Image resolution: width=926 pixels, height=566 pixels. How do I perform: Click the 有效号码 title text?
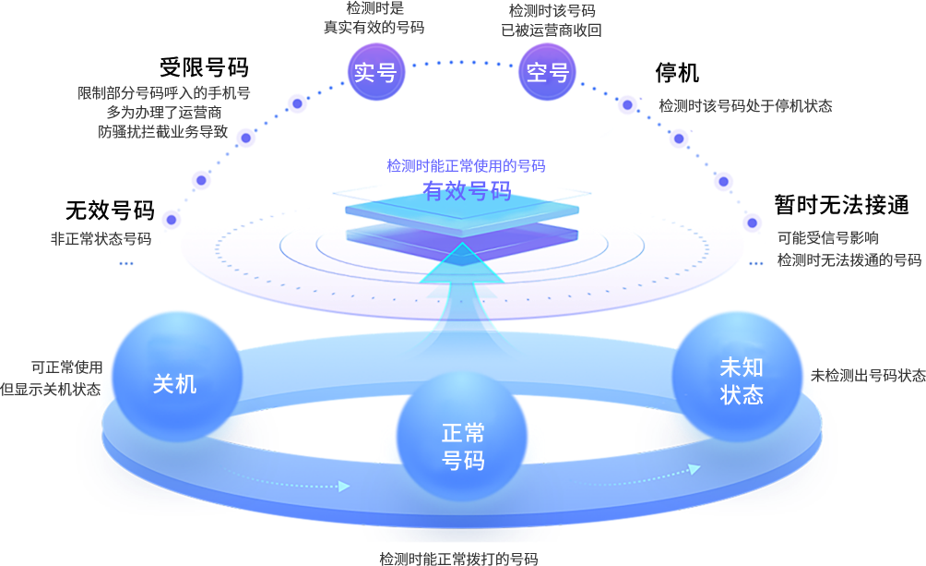467,191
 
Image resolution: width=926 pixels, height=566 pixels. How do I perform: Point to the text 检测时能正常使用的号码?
466,166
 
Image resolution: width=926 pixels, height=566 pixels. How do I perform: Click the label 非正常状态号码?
101,239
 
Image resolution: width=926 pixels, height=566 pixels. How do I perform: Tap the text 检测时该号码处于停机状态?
745,106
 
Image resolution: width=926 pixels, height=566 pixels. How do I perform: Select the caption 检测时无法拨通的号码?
849,260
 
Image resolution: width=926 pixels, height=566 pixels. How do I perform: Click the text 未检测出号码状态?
867,376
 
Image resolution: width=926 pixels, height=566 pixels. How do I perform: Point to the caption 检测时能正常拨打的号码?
458,559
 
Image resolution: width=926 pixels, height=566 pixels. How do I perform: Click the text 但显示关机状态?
51,390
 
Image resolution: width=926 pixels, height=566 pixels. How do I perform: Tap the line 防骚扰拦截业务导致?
163,132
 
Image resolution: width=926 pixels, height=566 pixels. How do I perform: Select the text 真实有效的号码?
374,28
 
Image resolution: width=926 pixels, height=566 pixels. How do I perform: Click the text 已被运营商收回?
552,30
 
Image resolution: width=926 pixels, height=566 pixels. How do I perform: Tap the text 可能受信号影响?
827,238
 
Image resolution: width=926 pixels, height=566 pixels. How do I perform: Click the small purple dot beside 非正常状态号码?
171,220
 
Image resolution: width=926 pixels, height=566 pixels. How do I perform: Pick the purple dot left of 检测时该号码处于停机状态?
627,104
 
